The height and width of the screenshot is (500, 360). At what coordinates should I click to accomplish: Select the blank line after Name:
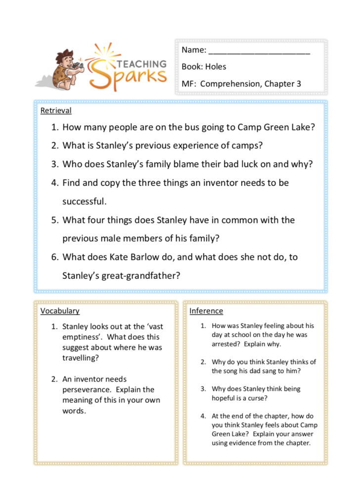pos(259,50)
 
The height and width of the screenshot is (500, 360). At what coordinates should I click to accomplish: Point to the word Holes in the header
pos(216,67)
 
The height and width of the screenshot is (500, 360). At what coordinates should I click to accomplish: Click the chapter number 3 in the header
pos(299,83)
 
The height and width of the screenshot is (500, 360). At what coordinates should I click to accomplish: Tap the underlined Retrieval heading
pos(56,111)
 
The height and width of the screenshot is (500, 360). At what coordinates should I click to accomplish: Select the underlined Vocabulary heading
pos(60,311)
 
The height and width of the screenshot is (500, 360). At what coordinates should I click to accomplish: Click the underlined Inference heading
pos(206,311)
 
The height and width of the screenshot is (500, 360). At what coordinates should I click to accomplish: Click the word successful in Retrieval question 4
pos(83,201)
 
